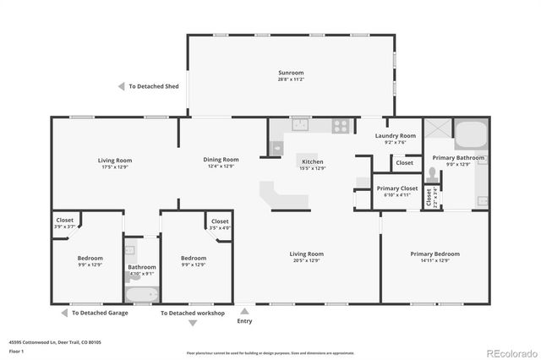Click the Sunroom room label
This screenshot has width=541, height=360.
(291, 73)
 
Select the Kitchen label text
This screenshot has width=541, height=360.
(313, 161)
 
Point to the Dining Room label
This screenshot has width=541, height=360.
(221, 159)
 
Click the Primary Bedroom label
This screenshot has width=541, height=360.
(434, 254)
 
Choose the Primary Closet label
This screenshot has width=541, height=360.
(397, 188)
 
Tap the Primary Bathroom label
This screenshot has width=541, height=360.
(458, 157)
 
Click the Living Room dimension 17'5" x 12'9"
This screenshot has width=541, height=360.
(115, 166)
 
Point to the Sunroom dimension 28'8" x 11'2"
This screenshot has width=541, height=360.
(291, 79)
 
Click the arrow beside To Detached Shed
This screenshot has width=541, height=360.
(122, 86)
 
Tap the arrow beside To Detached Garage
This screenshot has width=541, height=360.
(65, 313)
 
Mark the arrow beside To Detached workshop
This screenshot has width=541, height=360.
(154, 313)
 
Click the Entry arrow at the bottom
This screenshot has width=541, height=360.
(244, 311)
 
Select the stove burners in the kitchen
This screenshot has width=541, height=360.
(341, 125)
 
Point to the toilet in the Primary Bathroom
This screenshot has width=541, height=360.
(433, 174)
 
